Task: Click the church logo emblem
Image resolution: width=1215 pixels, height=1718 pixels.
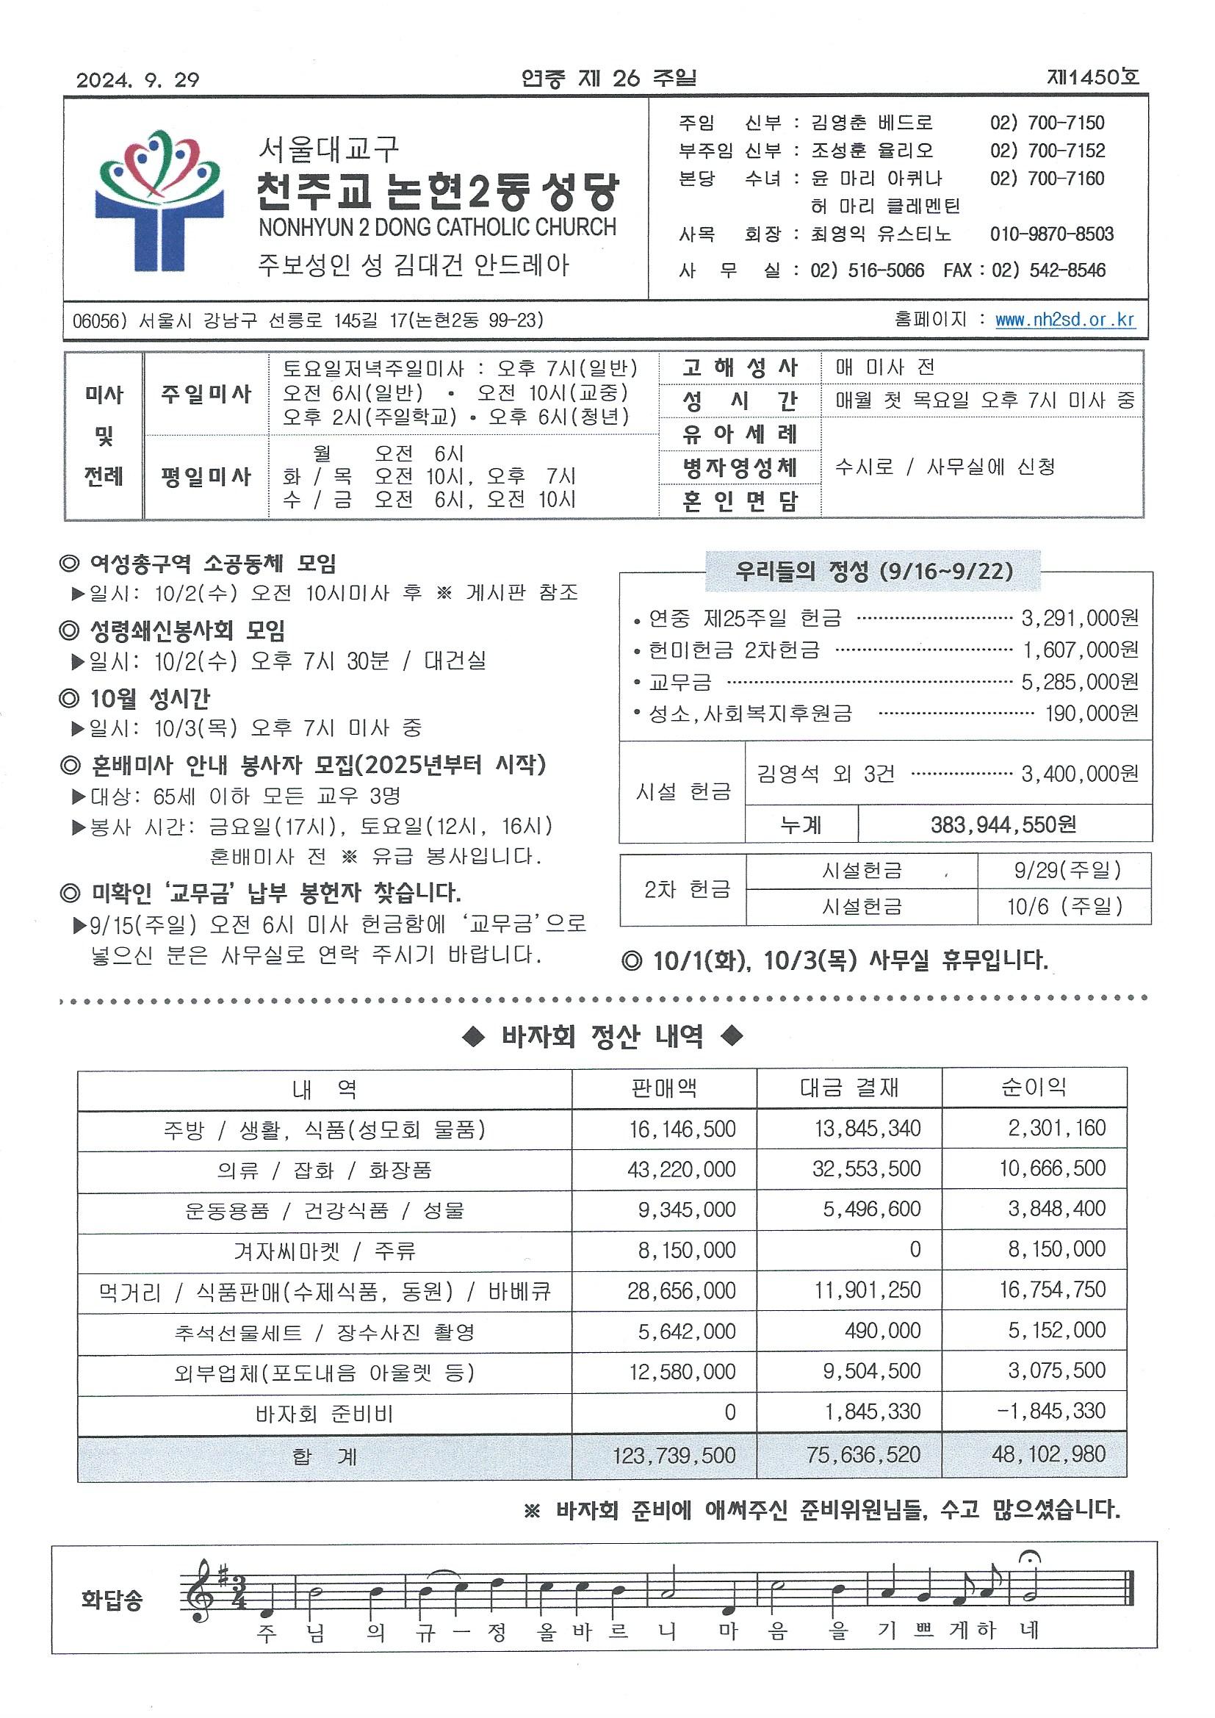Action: click(159, 201)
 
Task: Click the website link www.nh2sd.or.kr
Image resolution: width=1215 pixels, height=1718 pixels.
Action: click(1064, 320)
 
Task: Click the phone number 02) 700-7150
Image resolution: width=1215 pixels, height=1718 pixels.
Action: click(1047, 123)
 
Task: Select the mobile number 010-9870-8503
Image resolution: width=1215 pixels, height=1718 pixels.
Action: click(1051, 234)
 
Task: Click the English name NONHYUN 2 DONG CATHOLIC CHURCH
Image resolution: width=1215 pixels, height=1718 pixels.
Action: click(437, 228)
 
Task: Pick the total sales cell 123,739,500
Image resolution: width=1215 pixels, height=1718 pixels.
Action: click(674, 1456)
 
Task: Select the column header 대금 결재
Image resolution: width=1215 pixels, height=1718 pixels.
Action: click(848, 1088)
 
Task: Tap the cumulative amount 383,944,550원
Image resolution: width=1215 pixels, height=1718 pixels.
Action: click(1003, 824)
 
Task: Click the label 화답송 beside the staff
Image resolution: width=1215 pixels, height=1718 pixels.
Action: click(112, 1600)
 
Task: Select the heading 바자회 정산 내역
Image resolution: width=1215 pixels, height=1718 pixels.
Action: click(602, 1037)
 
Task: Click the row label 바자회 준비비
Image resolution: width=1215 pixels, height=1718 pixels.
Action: click(324, 1415)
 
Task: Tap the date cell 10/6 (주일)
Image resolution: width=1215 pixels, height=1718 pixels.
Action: click(1064, 907)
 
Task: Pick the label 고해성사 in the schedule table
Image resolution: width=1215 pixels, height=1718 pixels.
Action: click(740, 367)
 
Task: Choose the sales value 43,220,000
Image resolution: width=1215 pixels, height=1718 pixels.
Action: click(681, 1170)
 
